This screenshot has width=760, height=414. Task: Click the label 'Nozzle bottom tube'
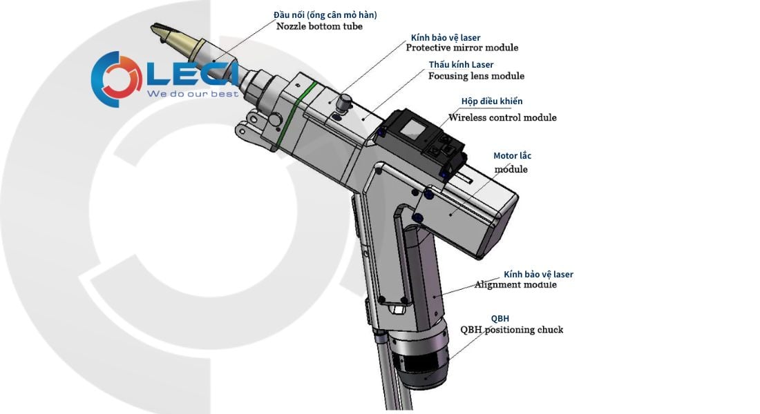(x=319, y=26)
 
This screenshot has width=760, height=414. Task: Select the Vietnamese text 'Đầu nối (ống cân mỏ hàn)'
(x=325, y=14)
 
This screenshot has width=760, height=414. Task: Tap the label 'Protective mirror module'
(x=462, y=48)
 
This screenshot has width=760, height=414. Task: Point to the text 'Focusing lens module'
(x=476, y=76)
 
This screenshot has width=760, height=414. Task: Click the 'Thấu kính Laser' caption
(x=461, y=65)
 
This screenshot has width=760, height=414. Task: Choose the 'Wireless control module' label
(x=502, y=117)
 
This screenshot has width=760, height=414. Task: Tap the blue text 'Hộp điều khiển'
(x=492, y=101)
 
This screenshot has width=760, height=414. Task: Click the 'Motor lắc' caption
(x=512, y=156)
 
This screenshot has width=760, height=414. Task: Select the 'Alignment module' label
(x=515, y=284)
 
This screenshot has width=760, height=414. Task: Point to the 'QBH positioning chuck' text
(x=511, y=330)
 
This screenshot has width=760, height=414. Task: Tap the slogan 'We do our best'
(x=193, y=93)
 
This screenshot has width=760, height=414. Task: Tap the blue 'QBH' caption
(x=500, y=319)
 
